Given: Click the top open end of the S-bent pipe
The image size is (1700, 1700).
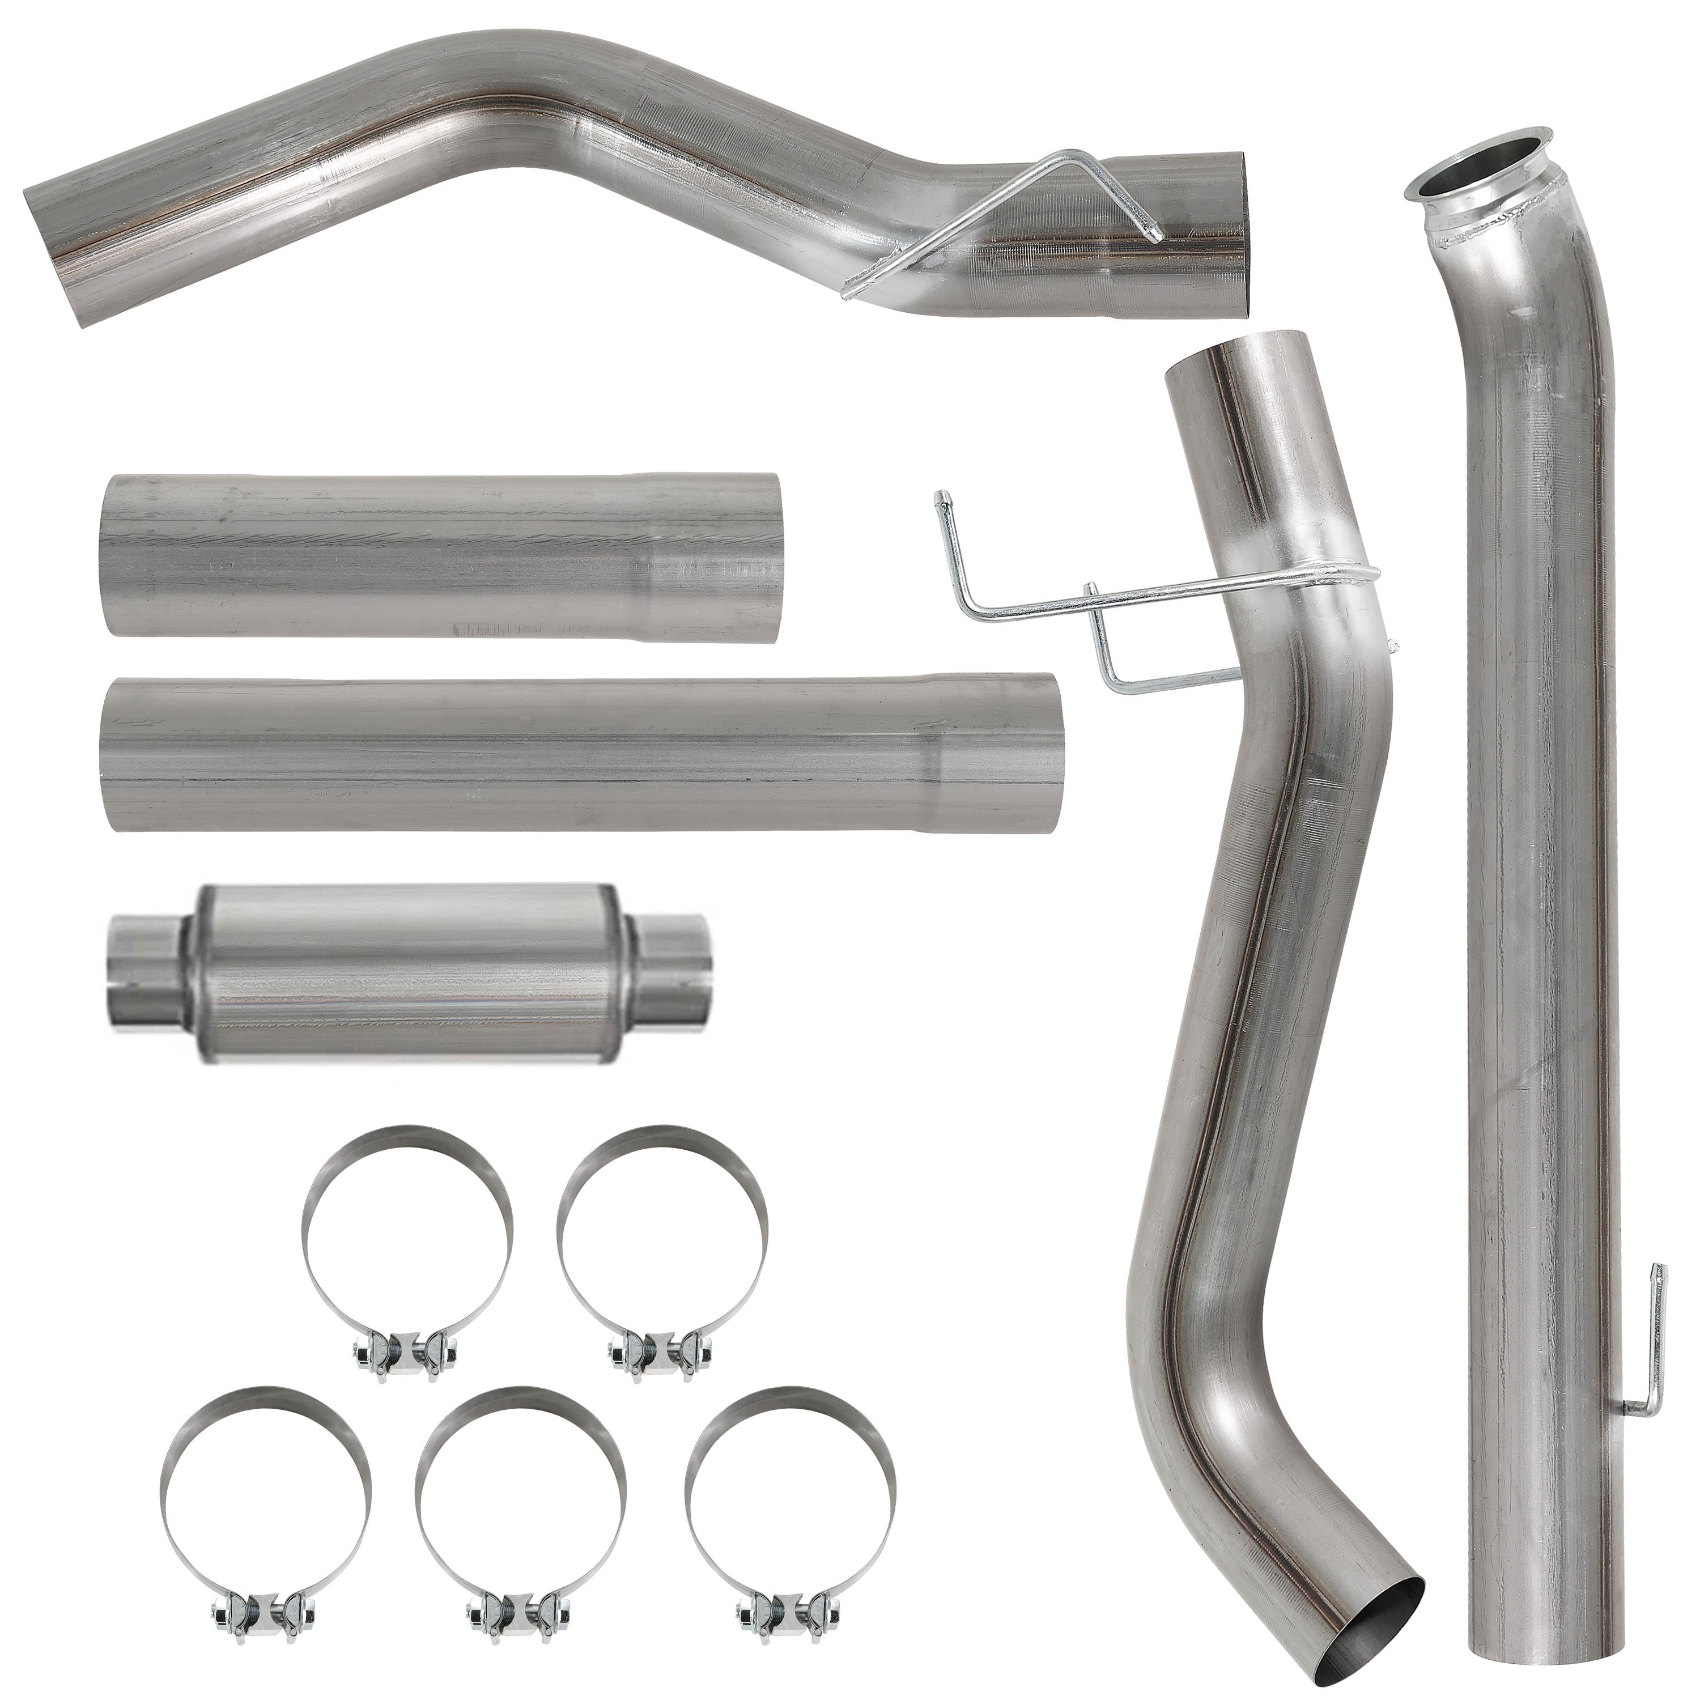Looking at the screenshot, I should tap(1232, 361).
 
